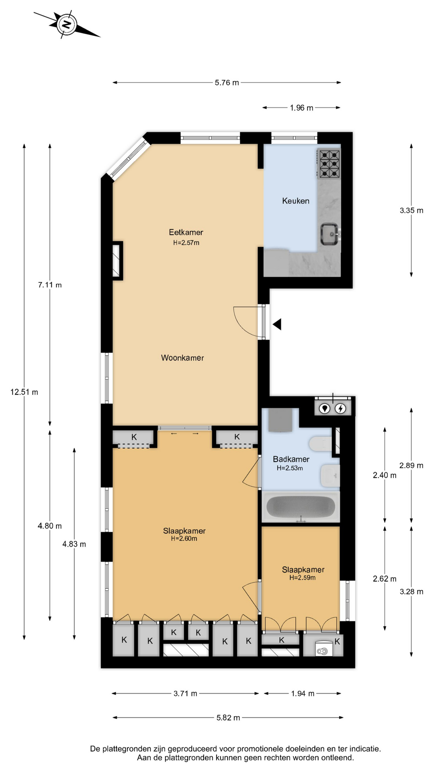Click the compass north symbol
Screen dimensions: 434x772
(66, 25)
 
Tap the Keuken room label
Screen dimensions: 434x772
(296, 201)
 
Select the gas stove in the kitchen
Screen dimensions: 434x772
(329, 164)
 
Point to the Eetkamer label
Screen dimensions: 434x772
(186, 232)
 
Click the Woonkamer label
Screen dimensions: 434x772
(182, 358)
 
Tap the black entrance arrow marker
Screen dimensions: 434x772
(277, 324)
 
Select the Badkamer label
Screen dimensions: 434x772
(291, 459)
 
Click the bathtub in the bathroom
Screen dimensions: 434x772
(301, 507)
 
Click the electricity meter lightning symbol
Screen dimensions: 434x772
(341, 409)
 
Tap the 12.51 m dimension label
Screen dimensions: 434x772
(24, 392)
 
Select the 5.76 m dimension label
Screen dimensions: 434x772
(227, 83)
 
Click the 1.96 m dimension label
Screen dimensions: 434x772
(301, 108)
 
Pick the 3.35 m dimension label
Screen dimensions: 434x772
(411, 210)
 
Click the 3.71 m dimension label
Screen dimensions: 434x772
(185, 694)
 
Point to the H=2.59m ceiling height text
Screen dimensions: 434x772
(303, 578)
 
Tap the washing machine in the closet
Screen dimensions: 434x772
(322, 649)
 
